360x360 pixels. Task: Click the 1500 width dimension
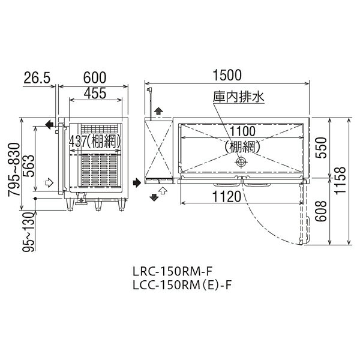(x=227, y=75)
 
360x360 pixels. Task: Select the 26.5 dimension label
(x=37, y=77)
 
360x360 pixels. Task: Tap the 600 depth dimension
(x=95, y=77)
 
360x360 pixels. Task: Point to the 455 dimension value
(x=95, y=94)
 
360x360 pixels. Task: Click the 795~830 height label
(x=14, y=169)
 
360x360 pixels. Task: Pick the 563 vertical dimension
(x=29, y=166)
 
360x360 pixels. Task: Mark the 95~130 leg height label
(x=28, y=232)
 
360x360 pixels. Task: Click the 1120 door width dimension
(x=227, y=197)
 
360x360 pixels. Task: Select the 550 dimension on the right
(x=321, y=148)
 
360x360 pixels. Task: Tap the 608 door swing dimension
(x=321, y=211)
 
